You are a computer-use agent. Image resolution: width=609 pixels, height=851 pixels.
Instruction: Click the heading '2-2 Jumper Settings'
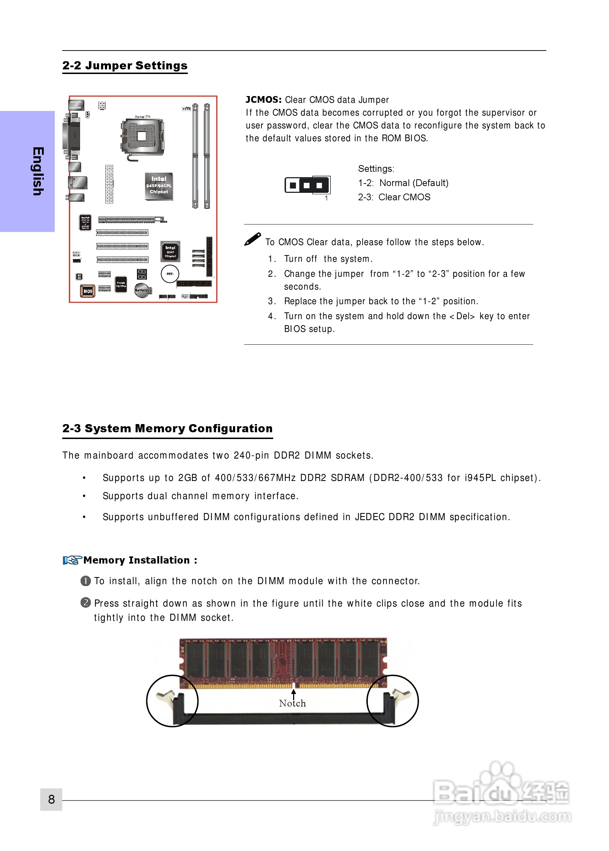click(125, 65)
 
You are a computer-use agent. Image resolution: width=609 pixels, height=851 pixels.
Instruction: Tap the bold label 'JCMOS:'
click(263, 100)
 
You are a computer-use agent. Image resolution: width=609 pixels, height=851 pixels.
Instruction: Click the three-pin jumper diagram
click(307, 185)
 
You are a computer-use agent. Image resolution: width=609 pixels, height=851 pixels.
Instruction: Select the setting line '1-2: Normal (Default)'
click(403, 183)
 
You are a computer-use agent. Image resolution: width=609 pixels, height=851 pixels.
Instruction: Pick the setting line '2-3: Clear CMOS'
click(394, 197)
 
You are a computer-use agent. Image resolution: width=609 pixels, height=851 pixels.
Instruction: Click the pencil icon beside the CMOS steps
click(252, 239)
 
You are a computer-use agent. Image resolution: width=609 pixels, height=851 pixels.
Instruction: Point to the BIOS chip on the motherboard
click(88, 291)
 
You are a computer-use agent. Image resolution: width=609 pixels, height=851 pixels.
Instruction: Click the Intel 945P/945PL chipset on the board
click(159, 186)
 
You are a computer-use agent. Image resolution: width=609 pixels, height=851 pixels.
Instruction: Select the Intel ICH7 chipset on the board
click(170, 251)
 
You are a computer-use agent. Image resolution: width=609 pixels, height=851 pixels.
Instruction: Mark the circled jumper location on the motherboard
click(170, 274)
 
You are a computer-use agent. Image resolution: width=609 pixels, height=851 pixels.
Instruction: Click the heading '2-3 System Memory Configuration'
click(167, 428)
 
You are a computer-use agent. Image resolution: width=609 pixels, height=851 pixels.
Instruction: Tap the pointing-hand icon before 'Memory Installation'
click(72, 560)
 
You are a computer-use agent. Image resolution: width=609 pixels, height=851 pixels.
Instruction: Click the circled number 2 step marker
click(85, 602)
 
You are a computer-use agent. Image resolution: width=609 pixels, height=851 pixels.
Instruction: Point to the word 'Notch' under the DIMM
click(292, 703)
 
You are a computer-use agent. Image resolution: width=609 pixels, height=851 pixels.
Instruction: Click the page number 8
click(51, 799)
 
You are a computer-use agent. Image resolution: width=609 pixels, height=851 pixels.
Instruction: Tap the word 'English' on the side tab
click(38, 171)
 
